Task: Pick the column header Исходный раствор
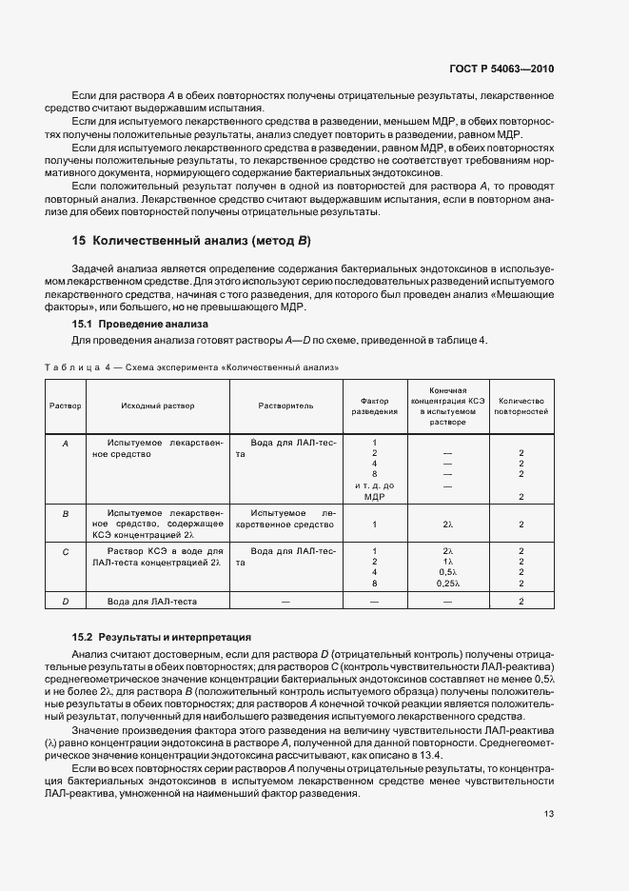(158, 406)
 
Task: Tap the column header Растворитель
(285, 406)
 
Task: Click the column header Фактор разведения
(375, 406)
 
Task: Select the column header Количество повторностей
(521, 406)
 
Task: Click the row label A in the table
(66, 444)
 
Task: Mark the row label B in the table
(66, 513)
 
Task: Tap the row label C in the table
(66, 551)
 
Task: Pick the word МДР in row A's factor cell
(375, 497)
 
